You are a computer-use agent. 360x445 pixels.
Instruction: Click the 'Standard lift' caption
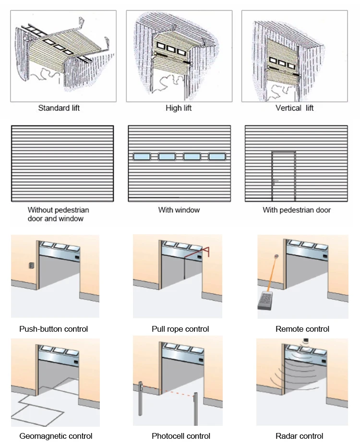[x=59, y=108]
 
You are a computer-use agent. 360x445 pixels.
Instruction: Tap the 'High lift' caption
[x=179, y=108]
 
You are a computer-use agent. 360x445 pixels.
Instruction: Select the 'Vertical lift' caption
[x=294, y=108]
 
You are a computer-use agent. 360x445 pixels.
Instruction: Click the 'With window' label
[x=179, y=210]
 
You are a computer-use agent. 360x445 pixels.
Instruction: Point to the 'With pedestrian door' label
[x=297, y=210]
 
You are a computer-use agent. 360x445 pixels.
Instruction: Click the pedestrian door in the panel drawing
[x=283, y=176]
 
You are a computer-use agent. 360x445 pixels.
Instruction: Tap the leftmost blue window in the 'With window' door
[x=142, y=156]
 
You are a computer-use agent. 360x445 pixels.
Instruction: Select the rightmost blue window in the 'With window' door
[x=216, y=156]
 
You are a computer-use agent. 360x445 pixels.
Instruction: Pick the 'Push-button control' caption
[x=53, y=329]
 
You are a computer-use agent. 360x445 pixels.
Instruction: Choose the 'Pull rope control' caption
[x=180, y=329]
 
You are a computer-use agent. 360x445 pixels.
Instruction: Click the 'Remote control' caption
[x=302, y=329]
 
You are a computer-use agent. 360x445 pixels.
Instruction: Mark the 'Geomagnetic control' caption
[x=56, y=436]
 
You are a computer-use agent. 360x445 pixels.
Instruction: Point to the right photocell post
[x=195, y=408]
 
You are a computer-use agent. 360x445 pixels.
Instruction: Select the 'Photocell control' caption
[x=181, y=436]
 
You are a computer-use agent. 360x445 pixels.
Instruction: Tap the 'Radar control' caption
[x=300, y=436]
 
